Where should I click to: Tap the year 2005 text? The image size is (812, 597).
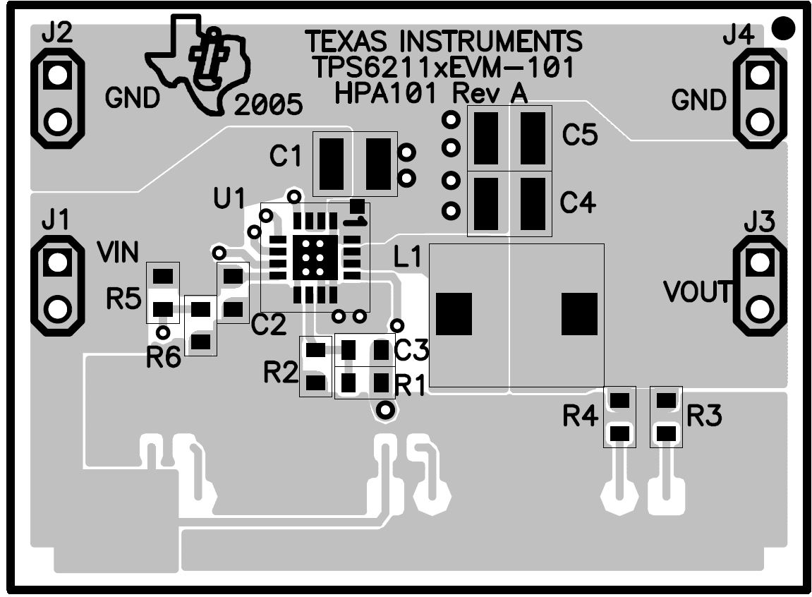pyautogui.click(x=268, y=105)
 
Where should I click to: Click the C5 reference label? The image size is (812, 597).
pyautogui.click(x=580, y=135)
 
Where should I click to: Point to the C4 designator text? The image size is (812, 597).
pyautogui.click(x=578, y=202)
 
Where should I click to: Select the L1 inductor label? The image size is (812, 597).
pyautogui.click(x=408, y=257)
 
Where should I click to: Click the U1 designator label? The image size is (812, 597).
pyautogui.click(x=229, y=198)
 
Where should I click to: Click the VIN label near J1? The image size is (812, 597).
pyautogui.click(x=118, y=253)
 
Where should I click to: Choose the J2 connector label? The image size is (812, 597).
pyautogui.click(x=57, y=34)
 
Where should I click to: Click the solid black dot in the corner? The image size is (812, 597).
pyautogui.click(x=783, y=28)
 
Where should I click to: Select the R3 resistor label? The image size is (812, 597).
pyautogui.click(x=704, y=416)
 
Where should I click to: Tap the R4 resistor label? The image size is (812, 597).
pyautogui.click(x=581, y=416)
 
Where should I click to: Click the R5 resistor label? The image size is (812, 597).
pyautogui.click(x=123, y=298)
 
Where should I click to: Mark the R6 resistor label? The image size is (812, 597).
pyautogui.click(x=164, y=357)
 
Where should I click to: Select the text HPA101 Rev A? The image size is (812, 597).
pyautogui.click(x=431, y=94)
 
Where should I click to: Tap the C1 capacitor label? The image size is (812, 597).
pyautogui.click(x=285, y=155)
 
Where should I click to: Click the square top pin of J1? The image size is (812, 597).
pyautogui.click(x=57, y=262)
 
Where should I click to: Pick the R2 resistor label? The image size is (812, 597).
pyautogui.click(x=281, y=372)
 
